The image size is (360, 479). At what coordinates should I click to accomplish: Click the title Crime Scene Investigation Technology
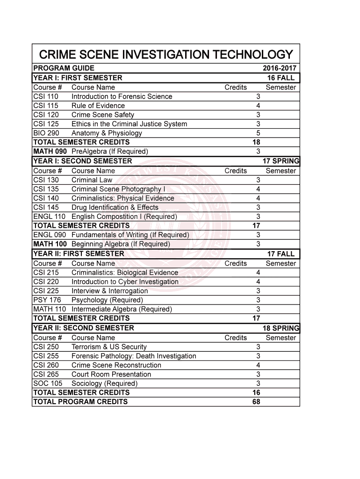[x=166, y=55]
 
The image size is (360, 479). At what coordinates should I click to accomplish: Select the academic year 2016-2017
[x=280, y=68]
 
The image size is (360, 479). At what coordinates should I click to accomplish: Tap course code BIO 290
[x=46, y=133]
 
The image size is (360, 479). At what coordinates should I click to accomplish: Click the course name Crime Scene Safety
[x=103, y=115]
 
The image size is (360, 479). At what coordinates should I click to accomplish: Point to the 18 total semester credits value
[x=256, y=142]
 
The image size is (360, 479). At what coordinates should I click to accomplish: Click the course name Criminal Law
[x=92, y=180]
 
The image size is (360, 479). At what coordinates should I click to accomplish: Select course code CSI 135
[x=46, y=189]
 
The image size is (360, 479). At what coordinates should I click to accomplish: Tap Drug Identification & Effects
[x=115, y=207]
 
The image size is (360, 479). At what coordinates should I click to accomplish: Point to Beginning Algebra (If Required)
[x=121, y=244]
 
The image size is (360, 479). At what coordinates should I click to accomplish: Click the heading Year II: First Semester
[x=79, y=254]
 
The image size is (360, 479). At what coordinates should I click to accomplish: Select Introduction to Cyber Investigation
[x=125, y=282]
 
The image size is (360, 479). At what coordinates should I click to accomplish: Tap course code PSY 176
[x=47, y=300]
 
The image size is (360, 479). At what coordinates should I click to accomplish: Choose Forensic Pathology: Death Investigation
[x=134, y=356]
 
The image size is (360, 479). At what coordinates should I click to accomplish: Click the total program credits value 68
[x=256, y=402]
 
